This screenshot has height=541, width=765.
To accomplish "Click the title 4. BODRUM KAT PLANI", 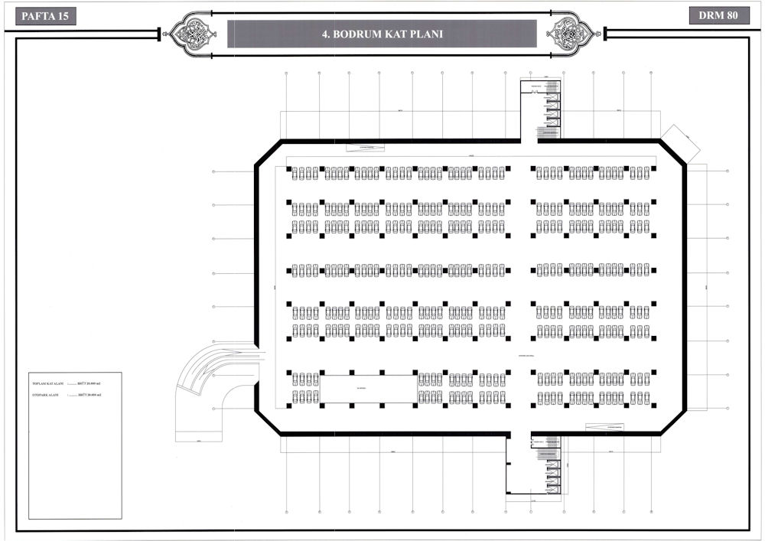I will coord(382,34).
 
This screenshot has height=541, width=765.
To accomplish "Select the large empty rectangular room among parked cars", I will coord(369,389).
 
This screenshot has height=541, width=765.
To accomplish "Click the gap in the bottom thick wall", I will coord(520,434).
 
